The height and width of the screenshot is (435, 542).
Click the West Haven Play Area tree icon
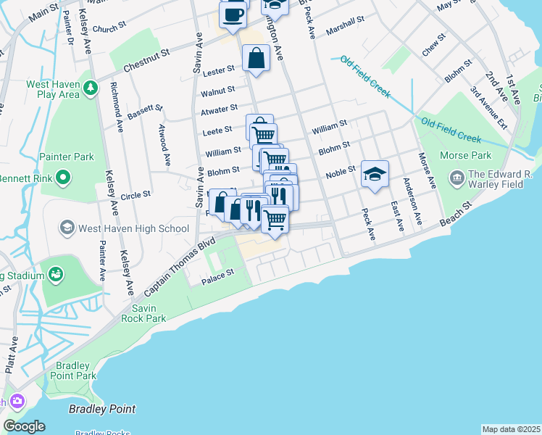(91, 88)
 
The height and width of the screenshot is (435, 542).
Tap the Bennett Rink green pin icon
(63, 177)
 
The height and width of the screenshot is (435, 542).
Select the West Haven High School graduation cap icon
(67, 228)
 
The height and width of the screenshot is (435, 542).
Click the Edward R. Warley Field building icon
(457, 177)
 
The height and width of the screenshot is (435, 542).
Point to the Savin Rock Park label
(143, 313)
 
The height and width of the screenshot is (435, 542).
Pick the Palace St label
(220, 273)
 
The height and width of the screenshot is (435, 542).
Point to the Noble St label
(340, 171)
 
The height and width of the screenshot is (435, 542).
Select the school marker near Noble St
(375, 174)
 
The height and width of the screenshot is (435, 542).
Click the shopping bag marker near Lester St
(257, 58)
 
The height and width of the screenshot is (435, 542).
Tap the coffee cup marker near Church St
(233, 14)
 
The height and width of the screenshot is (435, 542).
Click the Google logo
(24, 426)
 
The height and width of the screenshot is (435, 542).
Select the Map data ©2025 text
(511, 429)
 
